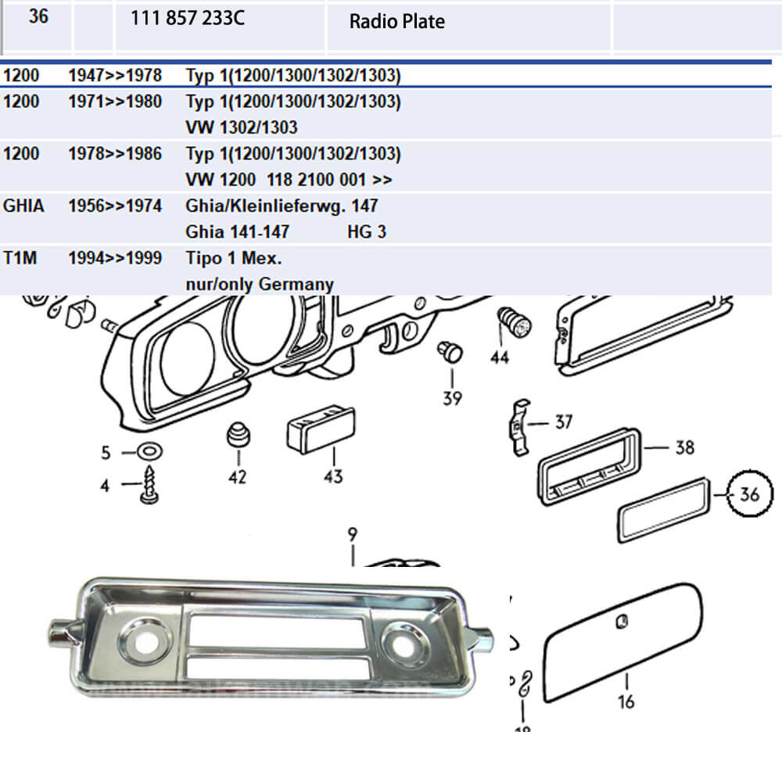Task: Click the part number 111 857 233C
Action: pos(188,18)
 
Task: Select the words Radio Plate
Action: pos(397,21)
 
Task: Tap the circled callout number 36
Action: pos(750,494)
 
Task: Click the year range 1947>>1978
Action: pos(115,75)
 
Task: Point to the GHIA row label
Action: pos(23,206)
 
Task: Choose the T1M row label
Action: pos(20,258)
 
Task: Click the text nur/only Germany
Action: pos(260,285)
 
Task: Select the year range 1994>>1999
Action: pos(115,258)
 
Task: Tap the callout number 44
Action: pos(500,357)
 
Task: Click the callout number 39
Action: pos(452,398)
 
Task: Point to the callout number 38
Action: pos(685,447)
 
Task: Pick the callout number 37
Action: pos(564,422)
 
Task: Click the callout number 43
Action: pos(333,476)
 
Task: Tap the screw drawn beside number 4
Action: pos(149,484)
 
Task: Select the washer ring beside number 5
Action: pos(149,452)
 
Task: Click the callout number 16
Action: pos(626,701)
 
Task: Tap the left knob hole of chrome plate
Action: pos(144,642)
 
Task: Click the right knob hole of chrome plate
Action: pos(405,644)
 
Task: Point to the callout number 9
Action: pos(353,534)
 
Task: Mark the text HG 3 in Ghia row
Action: pos(367,232)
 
